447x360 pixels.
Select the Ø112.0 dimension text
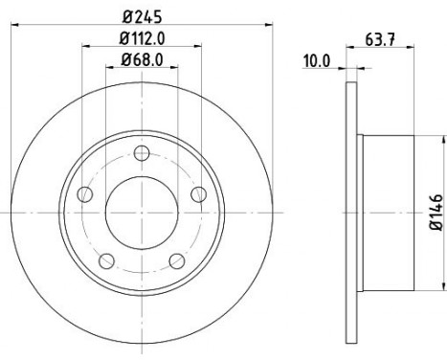tap(142, 39)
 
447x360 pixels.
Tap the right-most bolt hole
tap(199, 194)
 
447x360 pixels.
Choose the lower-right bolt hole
tap(177, 260)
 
